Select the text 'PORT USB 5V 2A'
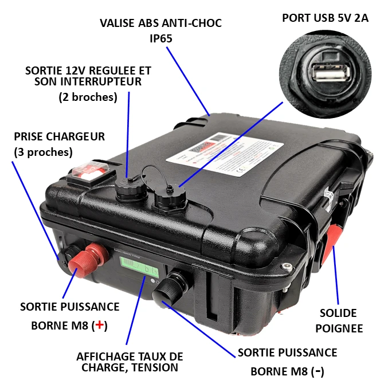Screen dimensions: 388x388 [325, 18]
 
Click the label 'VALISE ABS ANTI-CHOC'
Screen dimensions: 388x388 [160, 23]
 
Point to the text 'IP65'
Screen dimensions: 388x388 [160, 38]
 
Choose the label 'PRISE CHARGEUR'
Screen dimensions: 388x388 [60, 137]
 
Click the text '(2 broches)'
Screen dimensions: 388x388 [88, 97]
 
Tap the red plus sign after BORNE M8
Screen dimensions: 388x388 [100, 325]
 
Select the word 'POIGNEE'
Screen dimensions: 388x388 [339, 328]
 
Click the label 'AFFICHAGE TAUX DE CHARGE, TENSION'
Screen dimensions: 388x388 [130, 362]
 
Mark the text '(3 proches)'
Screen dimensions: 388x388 [43, 152]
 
